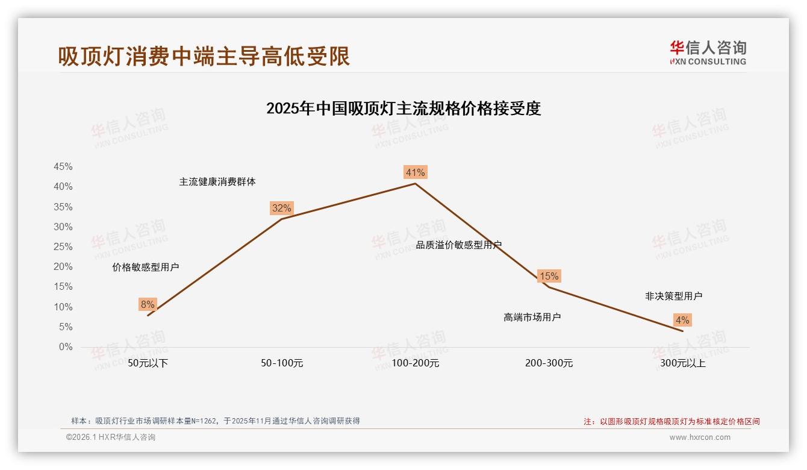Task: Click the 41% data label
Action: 415,172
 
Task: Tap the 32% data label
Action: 281,208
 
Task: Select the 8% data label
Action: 148,304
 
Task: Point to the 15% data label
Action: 549,276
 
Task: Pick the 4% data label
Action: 682,320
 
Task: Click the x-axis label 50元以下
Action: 148,363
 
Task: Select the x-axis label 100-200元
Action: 416,363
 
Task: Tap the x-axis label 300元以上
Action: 683,363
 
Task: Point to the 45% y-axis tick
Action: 63,166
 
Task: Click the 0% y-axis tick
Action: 66,347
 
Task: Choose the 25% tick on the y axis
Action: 63,246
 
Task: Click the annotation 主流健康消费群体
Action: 217,181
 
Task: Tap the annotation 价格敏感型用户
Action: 146,267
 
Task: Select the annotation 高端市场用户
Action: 532,317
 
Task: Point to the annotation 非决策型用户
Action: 674,296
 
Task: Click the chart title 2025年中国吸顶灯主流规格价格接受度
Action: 403,108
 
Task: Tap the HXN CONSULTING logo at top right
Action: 708,52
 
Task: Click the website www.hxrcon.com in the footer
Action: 700,437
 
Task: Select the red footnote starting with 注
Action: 671,421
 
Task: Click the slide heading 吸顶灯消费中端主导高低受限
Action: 204,56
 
